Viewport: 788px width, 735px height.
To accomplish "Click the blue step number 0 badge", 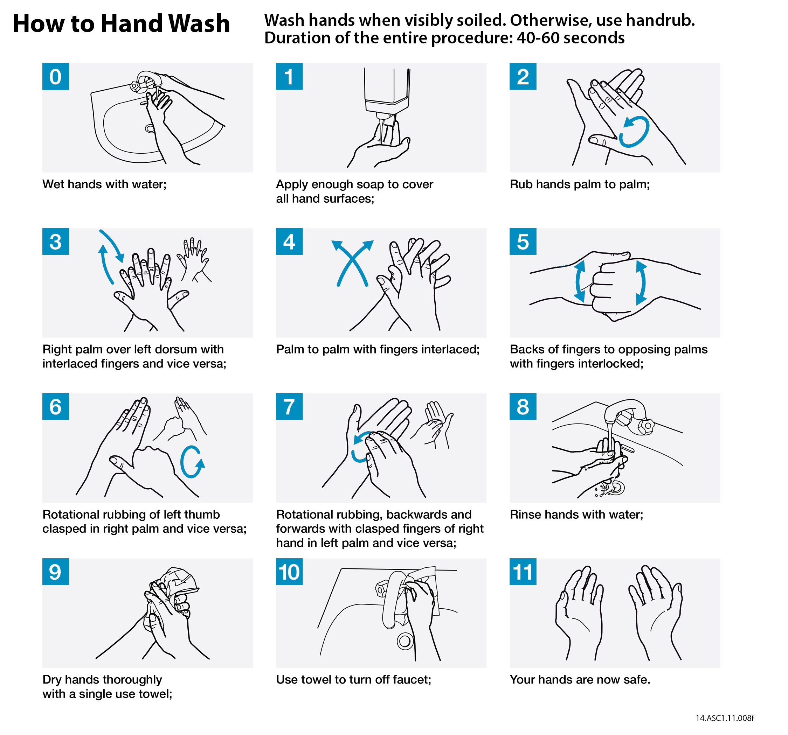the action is [x=55, y=76].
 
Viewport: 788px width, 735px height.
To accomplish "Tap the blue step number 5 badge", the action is [x=523, y=241].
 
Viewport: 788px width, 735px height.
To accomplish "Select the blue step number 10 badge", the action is [x=289, y=572].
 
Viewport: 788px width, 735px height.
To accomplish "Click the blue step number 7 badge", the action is [x=289, y=407].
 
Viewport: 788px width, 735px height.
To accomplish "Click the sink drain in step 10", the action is [x=405, y=641].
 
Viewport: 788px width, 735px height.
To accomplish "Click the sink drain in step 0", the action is [x=150, y=128].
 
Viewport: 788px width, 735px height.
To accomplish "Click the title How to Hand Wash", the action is [x=121, y=23].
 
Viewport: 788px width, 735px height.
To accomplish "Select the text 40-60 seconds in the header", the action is [x=571, y=38].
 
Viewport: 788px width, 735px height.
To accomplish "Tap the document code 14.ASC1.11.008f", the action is [x=725, y=718].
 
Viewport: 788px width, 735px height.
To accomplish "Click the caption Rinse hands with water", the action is [x=576, y=514].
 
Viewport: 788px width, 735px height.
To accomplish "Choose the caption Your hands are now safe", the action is [x=580, y=680].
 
